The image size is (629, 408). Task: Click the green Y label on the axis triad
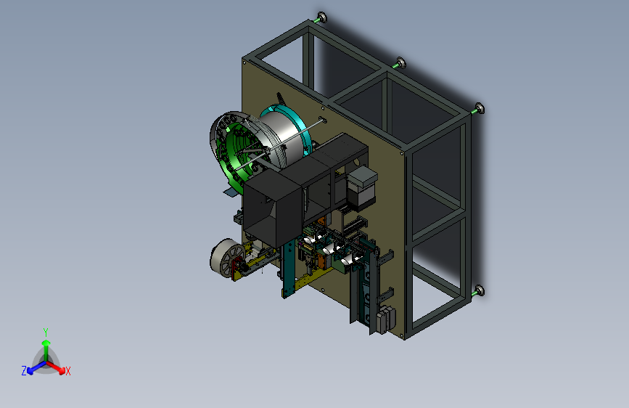46,332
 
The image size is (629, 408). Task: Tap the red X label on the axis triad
67,371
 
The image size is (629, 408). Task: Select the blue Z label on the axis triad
24,371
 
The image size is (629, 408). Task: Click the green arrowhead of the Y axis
46,343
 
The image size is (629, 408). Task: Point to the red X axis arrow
56,367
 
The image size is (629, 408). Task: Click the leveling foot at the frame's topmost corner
321,18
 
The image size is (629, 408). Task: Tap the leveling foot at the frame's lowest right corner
478,291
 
